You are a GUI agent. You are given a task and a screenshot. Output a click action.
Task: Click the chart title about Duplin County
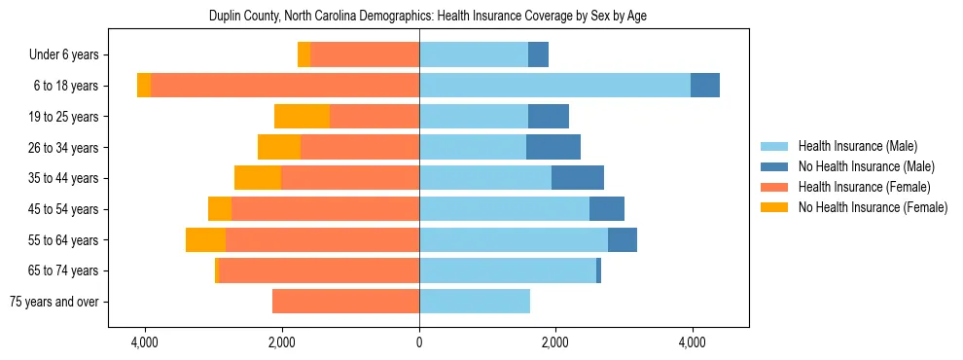(428, 16)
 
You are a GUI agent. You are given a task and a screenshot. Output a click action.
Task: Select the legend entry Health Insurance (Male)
(857, 146)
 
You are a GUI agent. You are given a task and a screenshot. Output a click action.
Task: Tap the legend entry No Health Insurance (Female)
(873, 207)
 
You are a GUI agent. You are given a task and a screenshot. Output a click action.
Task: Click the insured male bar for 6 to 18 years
(554, 86)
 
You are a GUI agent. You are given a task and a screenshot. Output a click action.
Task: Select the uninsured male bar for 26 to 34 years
(553, 147)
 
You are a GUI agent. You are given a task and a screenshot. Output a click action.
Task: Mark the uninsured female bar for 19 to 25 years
(302, 117)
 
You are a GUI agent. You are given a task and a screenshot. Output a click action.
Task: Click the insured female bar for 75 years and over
(345, 302)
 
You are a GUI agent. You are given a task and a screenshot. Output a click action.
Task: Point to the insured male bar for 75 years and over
(475, 302)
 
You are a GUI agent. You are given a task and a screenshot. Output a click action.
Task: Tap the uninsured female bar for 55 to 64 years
(205, 239)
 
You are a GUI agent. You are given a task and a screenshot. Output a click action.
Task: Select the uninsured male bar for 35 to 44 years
(578, 178)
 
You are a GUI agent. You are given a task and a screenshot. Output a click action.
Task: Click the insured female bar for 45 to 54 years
(325, 209)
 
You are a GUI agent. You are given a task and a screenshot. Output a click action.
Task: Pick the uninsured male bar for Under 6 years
(538, 55)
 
